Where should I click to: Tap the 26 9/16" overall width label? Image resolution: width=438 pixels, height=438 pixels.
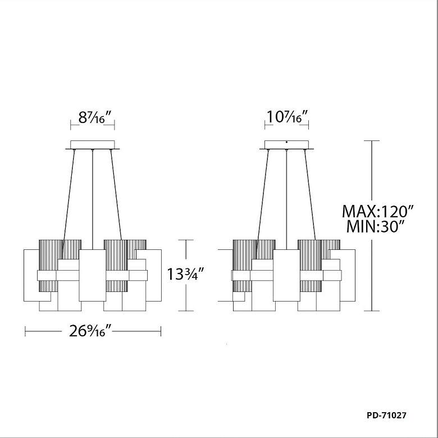click(90, 331)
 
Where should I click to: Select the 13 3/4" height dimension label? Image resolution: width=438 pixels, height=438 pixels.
click(186, 274)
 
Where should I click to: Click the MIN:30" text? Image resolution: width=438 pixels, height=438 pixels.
click(376, 226)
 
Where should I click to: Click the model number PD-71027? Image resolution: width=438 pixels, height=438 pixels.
click(386, 416)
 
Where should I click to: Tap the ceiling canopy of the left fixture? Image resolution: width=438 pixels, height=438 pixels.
click(93, 145)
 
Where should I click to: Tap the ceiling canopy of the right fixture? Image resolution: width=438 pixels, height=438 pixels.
click(286, 145)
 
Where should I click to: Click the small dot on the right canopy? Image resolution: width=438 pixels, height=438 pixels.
click(286, 142)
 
